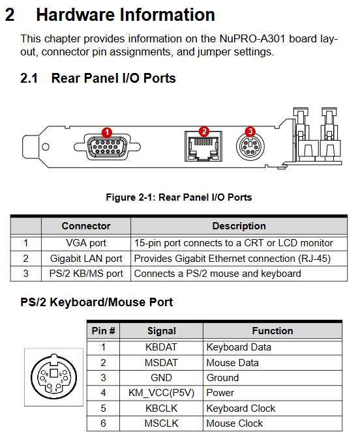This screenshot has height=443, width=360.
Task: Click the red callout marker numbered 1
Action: [107, 132]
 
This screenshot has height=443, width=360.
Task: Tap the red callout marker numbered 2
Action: [204, 132]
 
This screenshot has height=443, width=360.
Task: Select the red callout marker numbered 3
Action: [250, 132]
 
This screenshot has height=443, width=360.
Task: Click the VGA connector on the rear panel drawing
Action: [107, 147]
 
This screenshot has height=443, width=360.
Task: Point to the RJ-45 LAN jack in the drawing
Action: [203, 146]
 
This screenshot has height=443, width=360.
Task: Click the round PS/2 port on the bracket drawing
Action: [250, 147]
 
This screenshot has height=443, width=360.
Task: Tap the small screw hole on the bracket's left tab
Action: [45, 147]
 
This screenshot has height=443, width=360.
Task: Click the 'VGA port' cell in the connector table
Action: [86, 243]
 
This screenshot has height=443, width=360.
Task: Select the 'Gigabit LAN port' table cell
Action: [86, 259]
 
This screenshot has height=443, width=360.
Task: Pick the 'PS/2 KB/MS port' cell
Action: [86, 274]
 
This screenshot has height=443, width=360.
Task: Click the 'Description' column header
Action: [239, 226]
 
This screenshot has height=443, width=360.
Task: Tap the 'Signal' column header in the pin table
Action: [162, 331]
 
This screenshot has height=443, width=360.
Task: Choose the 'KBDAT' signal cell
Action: [162, 347]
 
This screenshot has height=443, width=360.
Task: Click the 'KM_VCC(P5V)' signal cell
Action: [162, 393]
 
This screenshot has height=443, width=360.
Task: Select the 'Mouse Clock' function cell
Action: [273, 423]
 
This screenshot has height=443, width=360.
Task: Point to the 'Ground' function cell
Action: [273, 378]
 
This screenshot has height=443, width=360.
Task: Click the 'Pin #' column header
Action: [103, 331]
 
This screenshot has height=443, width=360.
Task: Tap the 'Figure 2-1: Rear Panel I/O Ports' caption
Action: [179, 197]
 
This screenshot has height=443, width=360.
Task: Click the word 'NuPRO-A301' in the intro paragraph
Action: [252, 38]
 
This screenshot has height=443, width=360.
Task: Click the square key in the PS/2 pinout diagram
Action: [53, 373]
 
